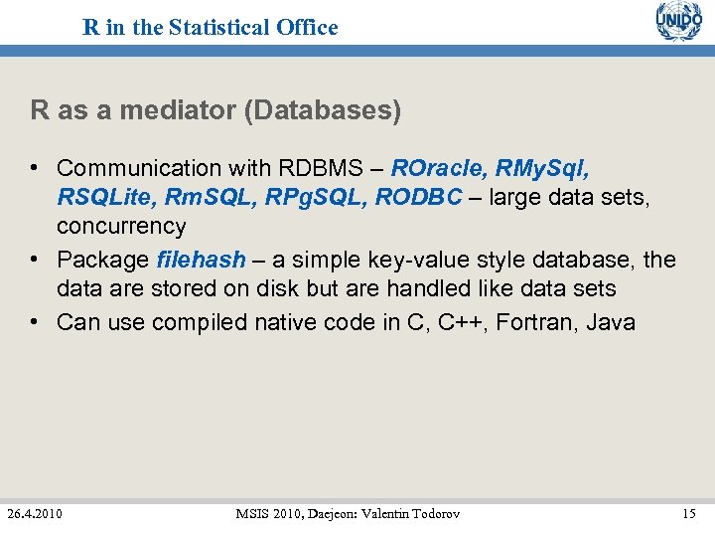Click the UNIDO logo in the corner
[x=678, y=22]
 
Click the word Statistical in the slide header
[x=219, y=28]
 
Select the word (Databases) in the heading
[x=322, y=110]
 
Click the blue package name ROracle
[x=435, y=168]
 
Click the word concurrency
[x=121, y=226]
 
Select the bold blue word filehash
[x=201, y=260]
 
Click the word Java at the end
[x=611, y=322]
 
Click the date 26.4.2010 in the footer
[x=35, y=513]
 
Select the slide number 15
[x=689, y=513]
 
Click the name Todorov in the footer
[x=431, y=513]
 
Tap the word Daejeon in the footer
[x=319, y=513]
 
